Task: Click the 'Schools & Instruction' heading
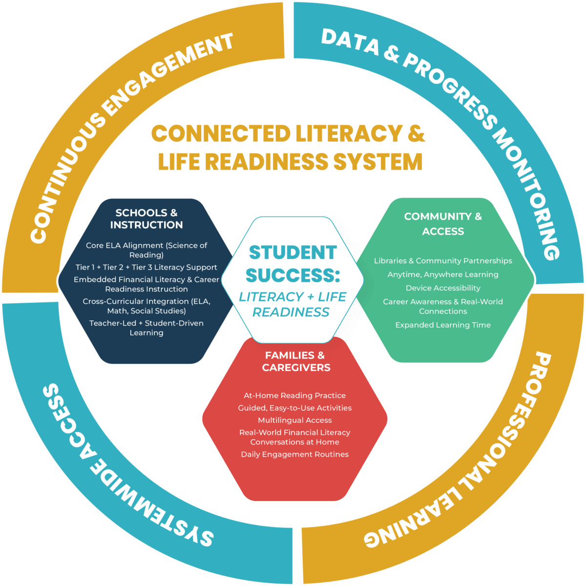pyautogui.click(x=146, y=219)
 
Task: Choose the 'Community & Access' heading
pyautogui.click(x=443, y=224)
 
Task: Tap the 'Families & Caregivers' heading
pyautogui.click(x=295, y=361)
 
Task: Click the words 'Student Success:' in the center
pyautogui.click(x=293, y=264)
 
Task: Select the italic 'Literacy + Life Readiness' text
pyautogui.click(x=292, y=304)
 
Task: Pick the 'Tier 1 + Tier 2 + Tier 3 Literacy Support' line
pyautogui.click(x=146, y=267)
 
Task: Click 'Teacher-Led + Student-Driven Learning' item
pyautogui.click(x=146, y=328)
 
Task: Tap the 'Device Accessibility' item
pyautogui.click(x=443, y=288)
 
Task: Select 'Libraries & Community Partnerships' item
pyautogui.click(x=443, y=261)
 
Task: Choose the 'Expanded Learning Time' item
pyautogui.click(x=443, y=325)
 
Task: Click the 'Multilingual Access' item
pyautogui.click(x=294, y=420)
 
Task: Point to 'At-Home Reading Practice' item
pyautogui.click(x=294, y=396)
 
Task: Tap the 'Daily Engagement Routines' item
pyautogui.click(x=294, y=454)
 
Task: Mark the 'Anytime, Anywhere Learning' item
pyautogui.click(x=443, y=274)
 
